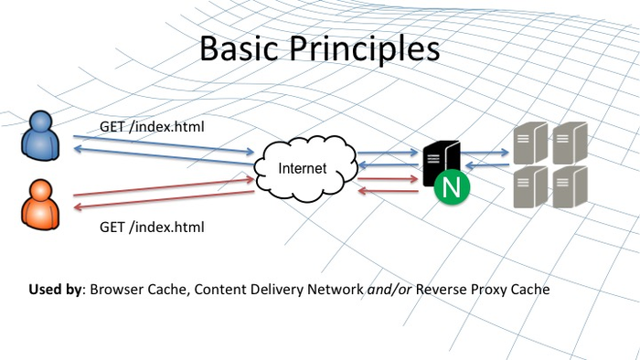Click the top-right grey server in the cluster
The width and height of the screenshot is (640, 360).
[x=569, y=143]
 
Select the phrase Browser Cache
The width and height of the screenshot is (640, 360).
[x=133, y=290]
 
